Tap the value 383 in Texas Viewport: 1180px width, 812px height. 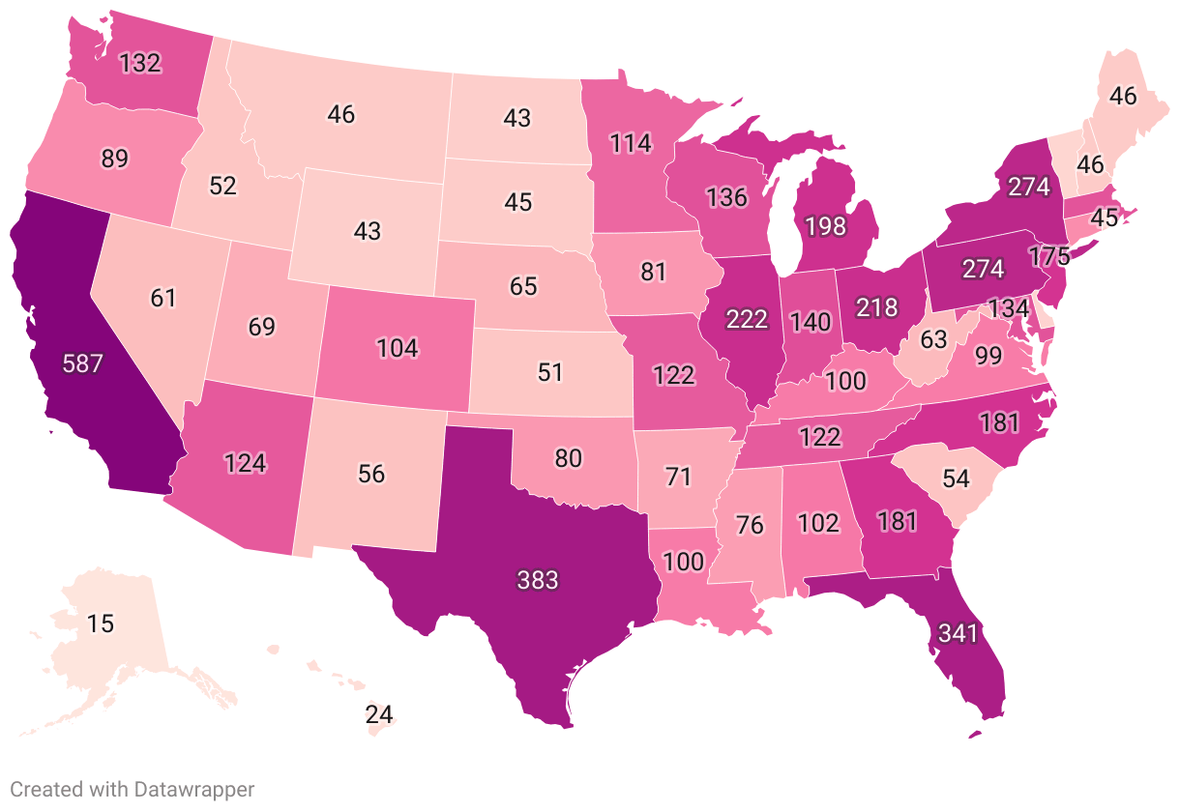click(x=537, y=581)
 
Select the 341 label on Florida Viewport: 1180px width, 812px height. click(x=958, y=635)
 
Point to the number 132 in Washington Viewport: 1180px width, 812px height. click(x=140, y=64)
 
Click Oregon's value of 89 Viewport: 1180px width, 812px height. click(x=114, y=159)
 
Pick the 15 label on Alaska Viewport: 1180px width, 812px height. click(x=100, y=623)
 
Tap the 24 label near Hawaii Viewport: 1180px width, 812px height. click(x=379, y=715)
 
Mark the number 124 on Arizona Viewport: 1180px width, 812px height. click(x=245, y=462)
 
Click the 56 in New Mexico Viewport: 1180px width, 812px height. click(x=371, y=474)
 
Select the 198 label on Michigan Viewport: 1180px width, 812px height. click(x=824, y=228)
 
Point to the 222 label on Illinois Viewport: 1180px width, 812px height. click(x=747, y=320)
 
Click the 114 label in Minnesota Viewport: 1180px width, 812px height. click(x=631, y=143)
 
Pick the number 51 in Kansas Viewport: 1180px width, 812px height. click(x=550, y=372)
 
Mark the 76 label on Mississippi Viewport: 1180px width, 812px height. click(x=750, y=526)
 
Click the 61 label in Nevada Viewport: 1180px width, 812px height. click(x=163, y=298)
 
